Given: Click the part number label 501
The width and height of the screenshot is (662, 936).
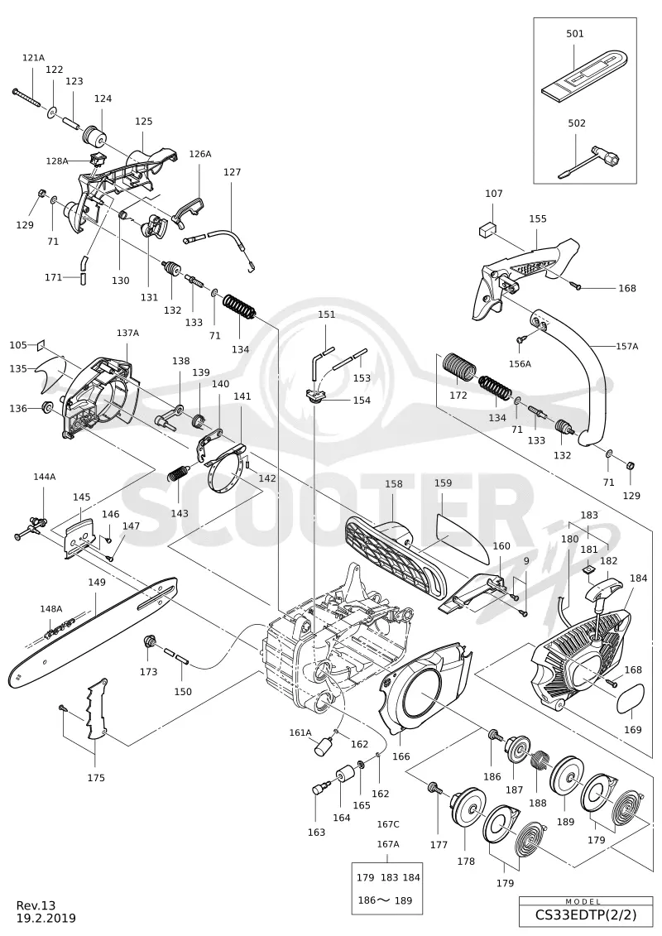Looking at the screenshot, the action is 575,34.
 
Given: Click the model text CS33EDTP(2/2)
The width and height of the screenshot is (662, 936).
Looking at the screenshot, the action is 586,914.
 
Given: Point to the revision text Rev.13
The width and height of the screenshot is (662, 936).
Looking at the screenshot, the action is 36,905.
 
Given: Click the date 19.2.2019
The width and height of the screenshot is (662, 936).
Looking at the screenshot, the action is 46,918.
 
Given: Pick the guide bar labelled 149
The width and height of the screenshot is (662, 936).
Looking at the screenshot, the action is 93,631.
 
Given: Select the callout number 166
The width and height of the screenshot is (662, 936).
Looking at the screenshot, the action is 401,756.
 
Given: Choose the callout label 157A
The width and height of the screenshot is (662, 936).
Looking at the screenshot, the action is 626,346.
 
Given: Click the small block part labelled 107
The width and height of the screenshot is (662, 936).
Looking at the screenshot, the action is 488,228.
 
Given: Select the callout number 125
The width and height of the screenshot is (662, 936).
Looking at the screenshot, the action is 143,121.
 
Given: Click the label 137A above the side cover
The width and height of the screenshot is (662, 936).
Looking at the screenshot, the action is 127,333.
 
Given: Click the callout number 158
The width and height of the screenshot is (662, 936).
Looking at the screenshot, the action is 393,484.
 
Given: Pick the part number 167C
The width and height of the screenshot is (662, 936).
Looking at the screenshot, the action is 388,824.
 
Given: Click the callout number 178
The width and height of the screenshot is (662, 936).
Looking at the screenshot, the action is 466,861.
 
